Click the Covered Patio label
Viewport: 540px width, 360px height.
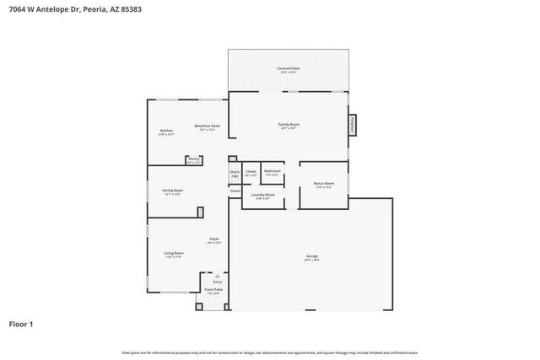[289, 68]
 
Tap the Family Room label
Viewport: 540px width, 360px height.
[289, 125]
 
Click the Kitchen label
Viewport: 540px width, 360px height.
[166, 131]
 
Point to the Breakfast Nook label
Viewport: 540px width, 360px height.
[208, 126]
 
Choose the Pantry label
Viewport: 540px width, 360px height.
[194, 159]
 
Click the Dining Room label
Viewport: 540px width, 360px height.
[173, 191]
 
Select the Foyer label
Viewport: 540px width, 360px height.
[214, 239]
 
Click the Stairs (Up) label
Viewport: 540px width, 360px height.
[235, 174]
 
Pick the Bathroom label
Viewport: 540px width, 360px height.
[272, 171]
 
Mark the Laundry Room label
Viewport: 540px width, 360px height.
[262, 196]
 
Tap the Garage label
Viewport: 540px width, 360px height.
[312, 256]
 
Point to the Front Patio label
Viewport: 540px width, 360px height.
[213, 290]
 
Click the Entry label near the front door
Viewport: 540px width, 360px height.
[217, 282]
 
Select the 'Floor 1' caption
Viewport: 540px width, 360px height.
[21, 324]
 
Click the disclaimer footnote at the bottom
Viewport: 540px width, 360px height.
[269, 352]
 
